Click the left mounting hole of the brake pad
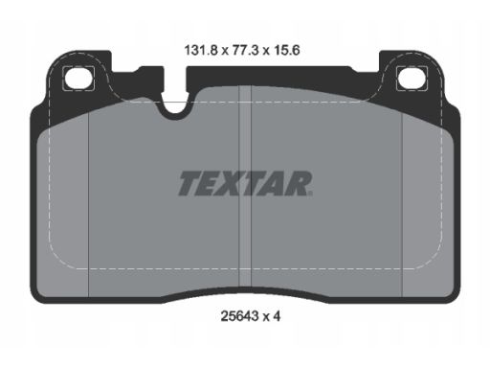point(79,78)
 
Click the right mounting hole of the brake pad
point(412,78)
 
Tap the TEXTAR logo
point(245,184)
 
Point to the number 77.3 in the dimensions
point(242,51)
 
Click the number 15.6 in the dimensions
point(285,51)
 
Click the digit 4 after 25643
point(277,316)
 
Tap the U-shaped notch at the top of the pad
point(174,105)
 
